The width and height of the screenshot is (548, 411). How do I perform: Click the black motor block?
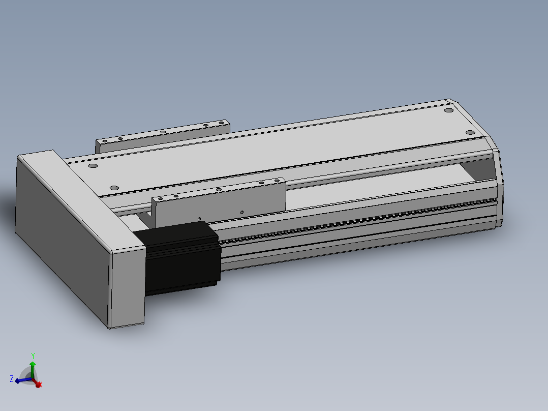[x=182, y=259]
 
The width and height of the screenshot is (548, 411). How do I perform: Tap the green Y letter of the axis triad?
[x=33, y=356]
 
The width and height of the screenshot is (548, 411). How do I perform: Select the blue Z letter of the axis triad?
[x=12, y=379]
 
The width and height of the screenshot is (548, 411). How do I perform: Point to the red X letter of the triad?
[x=41, y=385]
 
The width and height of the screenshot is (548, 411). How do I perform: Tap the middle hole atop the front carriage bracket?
[x=219, y=190]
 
